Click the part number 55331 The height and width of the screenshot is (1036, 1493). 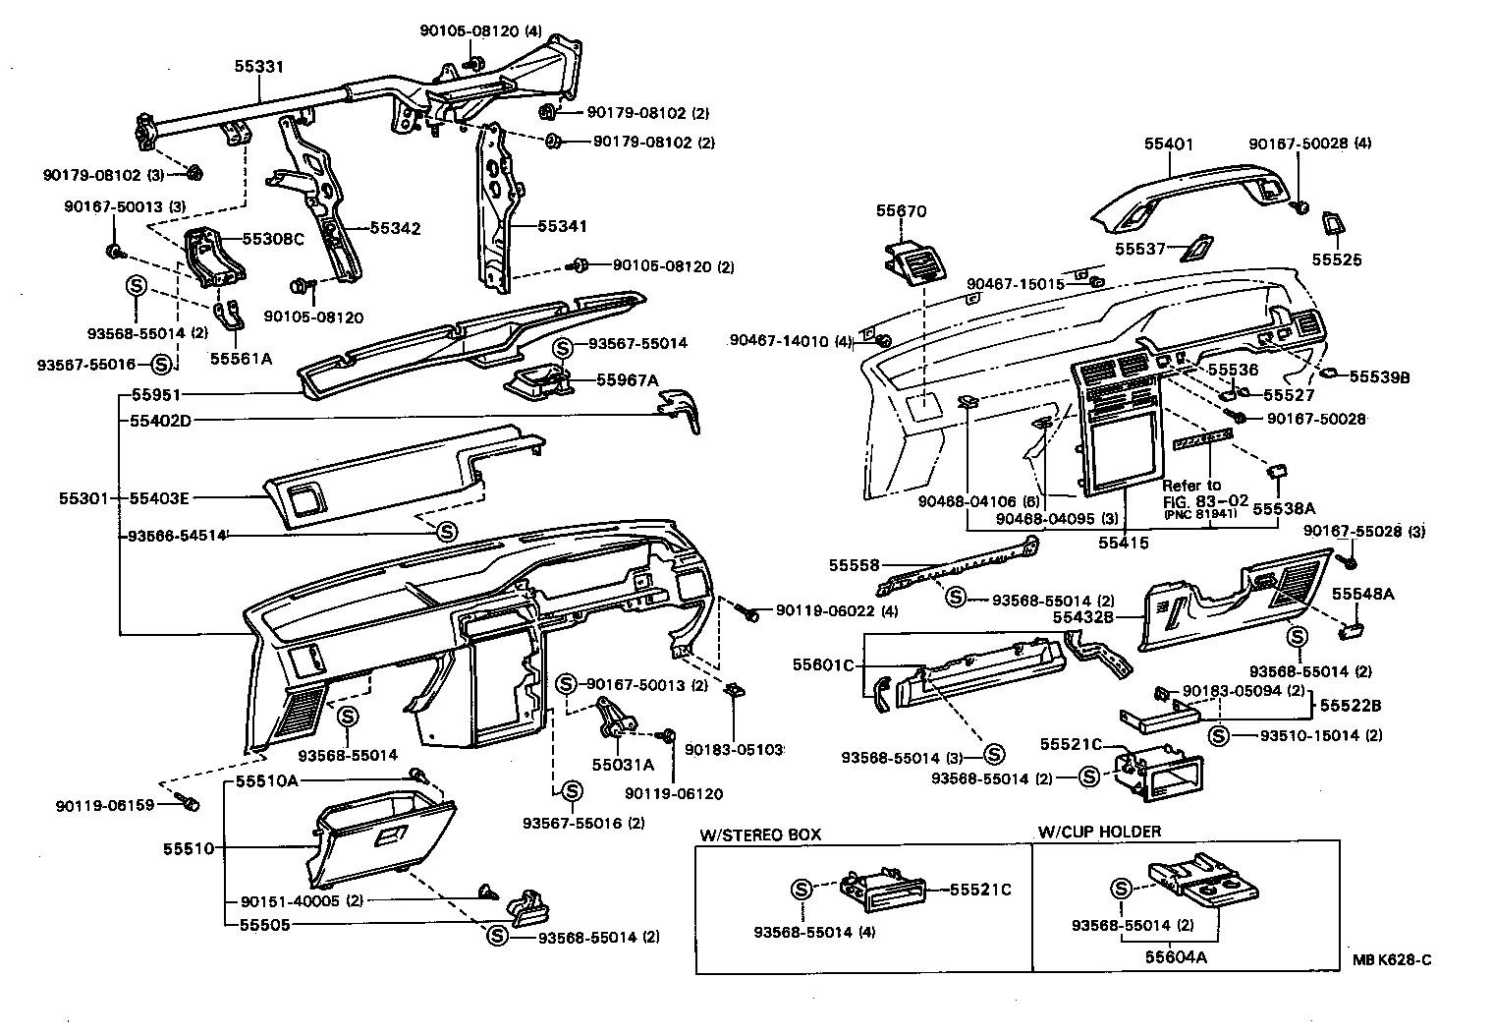coord(259,68)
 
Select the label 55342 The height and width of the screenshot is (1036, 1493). coord(395,229)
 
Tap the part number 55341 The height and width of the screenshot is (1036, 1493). coord(562,226)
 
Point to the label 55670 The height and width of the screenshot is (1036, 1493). coord(901,211)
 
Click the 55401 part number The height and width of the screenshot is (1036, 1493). coord(1168,144)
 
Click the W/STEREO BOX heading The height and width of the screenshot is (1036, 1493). coord(759,834)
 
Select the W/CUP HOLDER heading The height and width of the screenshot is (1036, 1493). coord(1099,832)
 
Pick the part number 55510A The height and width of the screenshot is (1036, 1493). coord(266,781)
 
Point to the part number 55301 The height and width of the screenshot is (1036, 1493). coord(83,498)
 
